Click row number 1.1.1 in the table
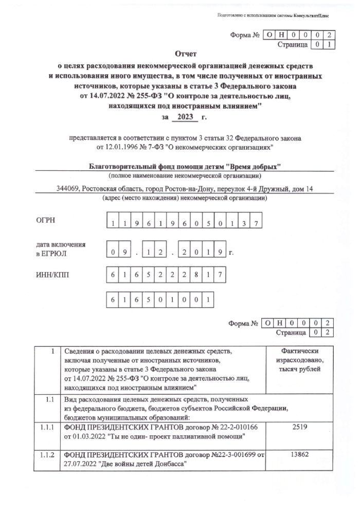[47, 427]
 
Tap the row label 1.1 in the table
[47, 399]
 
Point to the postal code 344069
[68, 189]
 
